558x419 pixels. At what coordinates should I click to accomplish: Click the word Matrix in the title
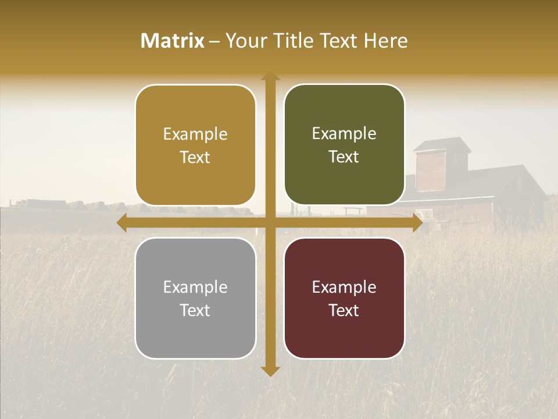pyautogui.click(x=173, y=41)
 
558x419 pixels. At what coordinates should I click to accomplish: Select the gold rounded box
pyautogui.click(x=195, y=145)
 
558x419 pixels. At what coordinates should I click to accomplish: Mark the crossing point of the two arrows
pyautogui.click(x=270, y=222)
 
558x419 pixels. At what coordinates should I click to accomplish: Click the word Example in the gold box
pyautogui.click(x=195, y=134)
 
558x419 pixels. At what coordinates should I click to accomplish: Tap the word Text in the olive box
pyautogui.click(x=344, y=157)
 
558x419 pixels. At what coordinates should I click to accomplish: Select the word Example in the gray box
pyautogui.click(x=195, y=287)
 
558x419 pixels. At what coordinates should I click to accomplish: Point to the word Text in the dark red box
pyautogui.click(x=344, y=311)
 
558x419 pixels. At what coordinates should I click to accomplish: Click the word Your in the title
pyautogui.click(x=243, y=41)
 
